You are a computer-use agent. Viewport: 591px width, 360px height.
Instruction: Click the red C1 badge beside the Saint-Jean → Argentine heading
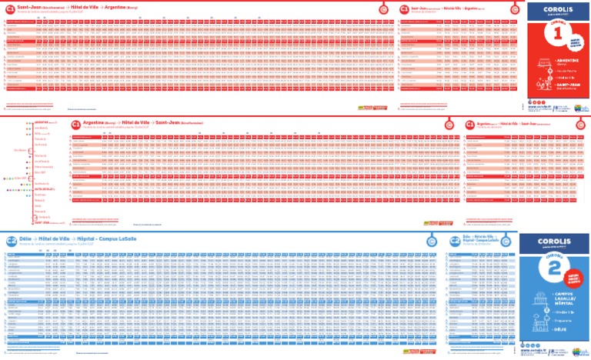tap(9, 8)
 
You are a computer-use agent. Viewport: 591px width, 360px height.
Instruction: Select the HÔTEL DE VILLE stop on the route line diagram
tap(42, 188)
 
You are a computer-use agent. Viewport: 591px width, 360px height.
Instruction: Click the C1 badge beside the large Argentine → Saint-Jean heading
tap(75, 125)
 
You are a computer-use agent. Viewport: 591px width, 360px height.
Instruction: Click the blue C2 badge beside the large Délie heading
tap(10, 241)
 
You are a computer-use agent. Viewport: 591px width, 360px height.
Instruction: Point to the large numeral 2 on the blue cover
tap(556, 269)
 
